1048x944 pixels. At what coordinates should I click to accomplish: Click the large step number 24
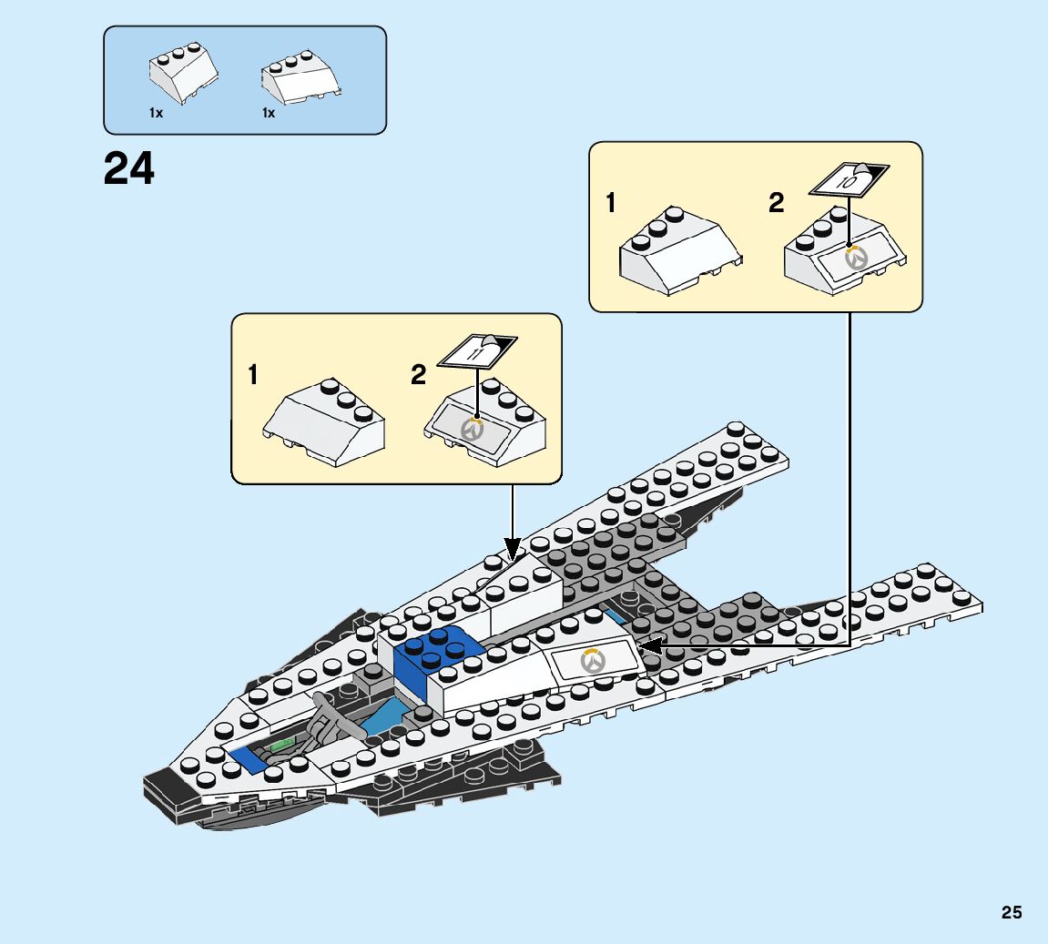(129, 168)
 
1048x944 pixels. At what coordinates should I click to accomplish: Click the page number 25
(1011, 912)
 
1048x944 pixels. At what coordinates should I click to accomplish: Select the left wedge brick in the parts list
(181, 76)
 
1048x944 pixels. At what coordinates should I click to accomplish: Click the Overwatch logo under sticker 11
(472, 428)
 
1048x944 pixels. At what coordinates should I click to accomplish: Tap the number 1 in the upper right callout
(611, 203)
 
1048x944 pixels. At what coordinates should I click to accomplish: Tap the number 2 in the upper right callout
(776, 203)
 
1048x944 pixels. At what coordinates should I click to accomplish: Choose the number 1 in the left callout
(253, 374)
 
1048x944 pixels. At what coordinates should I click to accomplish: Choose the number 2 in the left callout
(418, 374)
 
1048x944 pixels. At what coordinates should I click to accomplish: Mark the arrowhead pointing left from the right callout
(648, 645)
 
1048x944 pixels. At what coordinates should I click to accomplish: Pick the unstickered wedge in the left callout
(325, 419)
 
